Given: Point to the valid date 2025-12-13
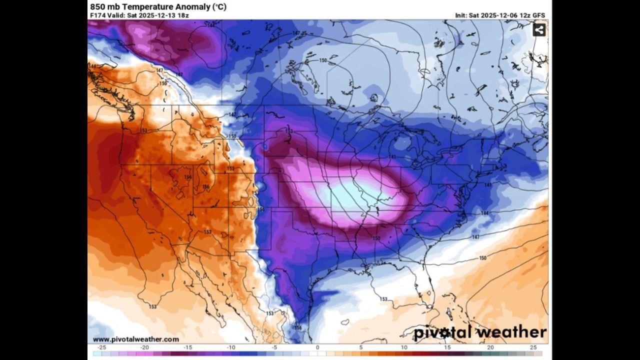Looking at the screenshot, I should click(156, 15).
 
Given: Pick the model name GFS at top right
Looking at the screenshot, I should click(538, 15).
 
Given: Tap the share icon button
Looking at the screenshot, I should click(539, 30).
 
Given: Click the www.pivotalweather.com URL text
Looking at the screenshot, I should click(135, 339).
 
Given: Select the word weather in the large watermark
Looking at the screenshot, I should click(511, 332).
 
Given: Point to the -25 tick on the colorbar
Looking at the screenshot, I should click(102, 347).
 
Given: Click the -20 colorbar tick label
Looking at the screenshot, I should click(144, 347).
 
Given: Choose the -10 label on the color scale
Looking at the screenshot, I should click(231, 347).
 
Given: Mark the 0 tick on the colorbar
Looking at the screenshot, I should click(317, 347).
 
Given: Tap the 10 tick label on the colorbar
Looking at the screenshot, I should click(404, 347).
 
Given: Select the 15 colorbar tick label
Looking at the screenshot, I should click(447, 347).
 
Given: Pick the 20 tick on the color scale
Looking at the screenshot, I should click(490, 347).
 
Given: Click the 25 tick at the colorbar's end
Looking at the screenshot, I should click(533, 347).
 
